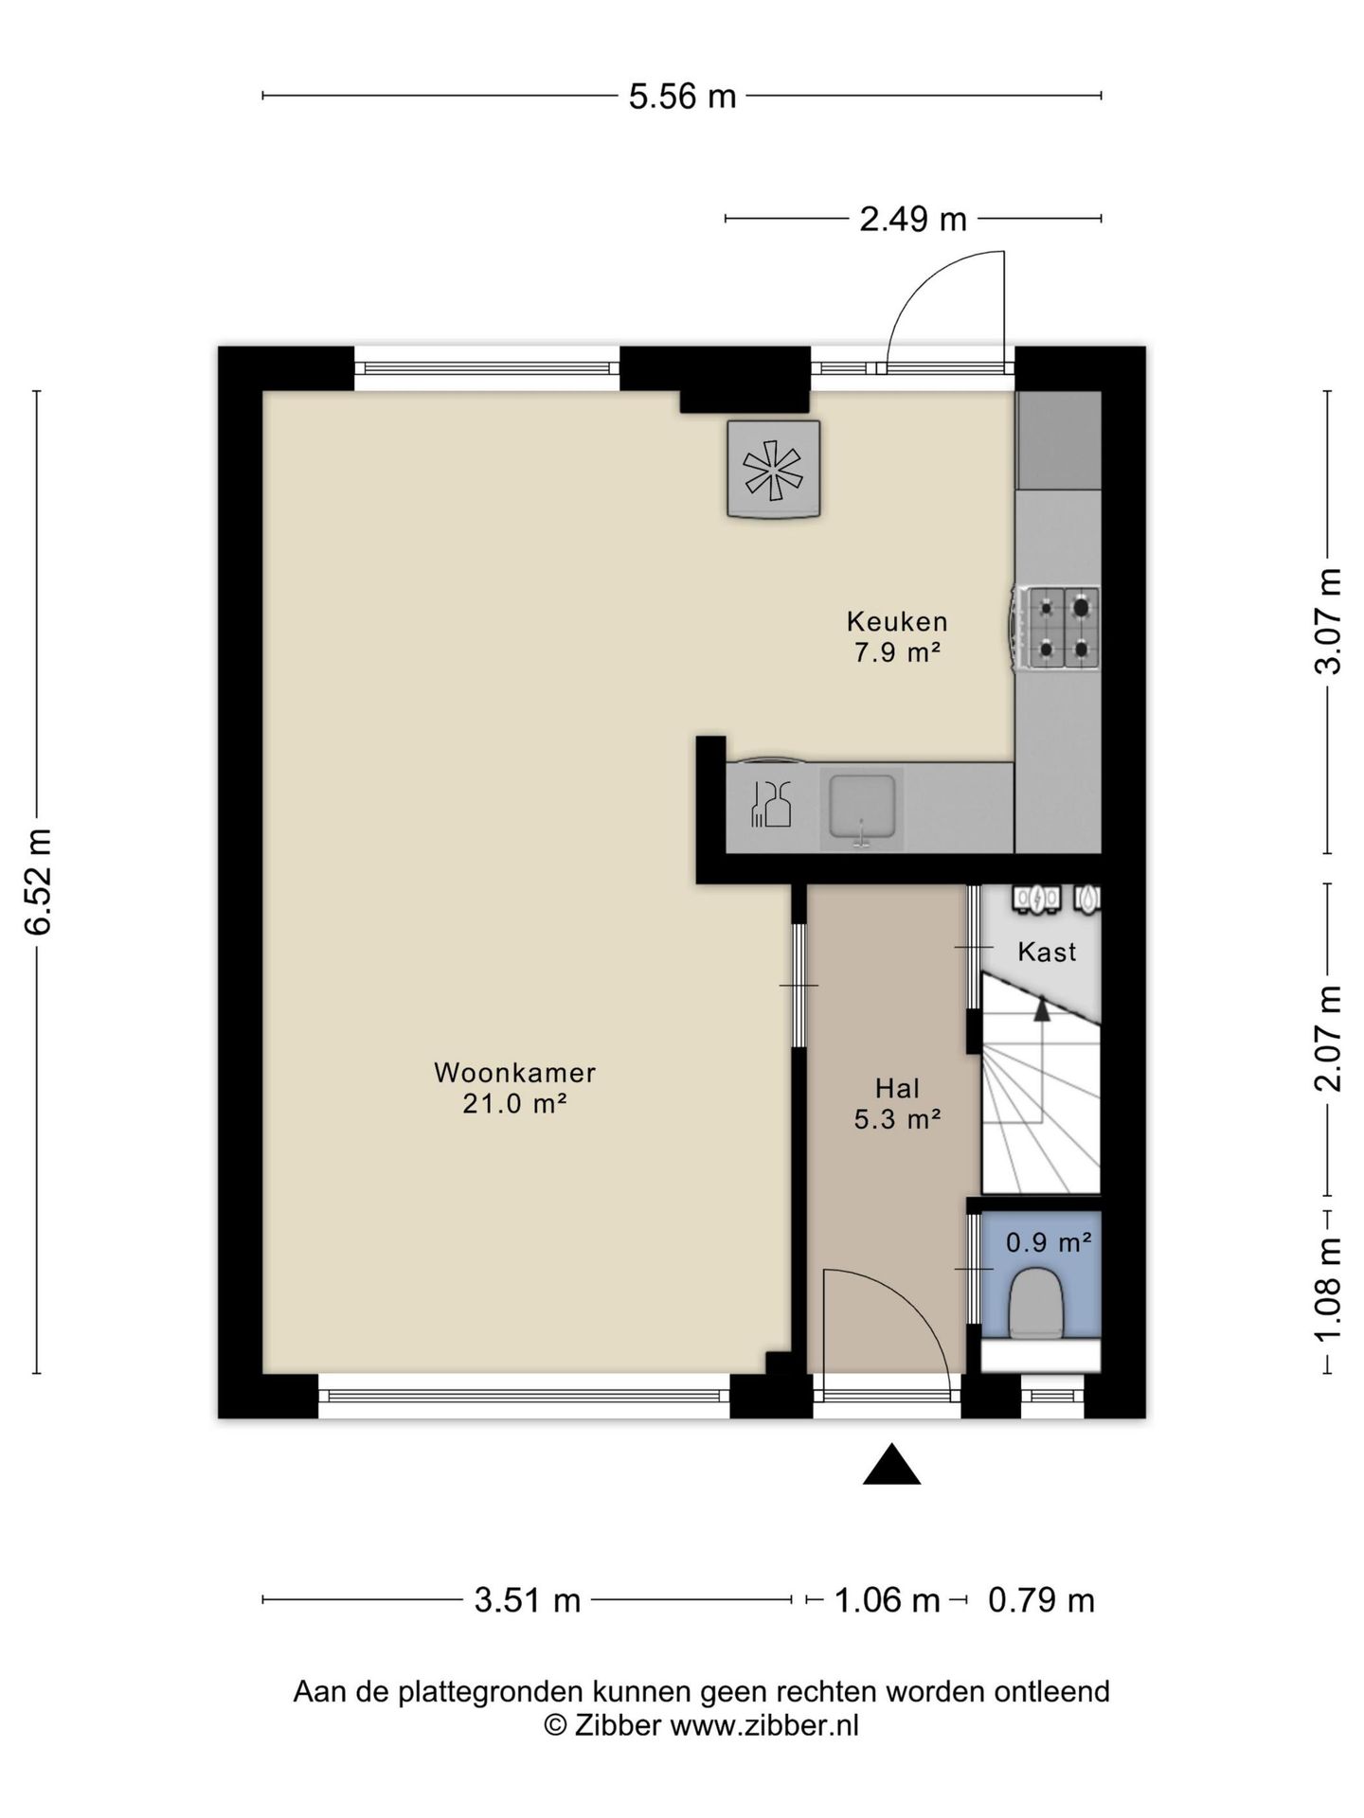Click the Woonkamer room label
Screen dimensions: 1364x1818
[x=514, y=1073]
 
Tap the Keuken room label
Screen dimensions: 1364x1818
[x=897, y=622]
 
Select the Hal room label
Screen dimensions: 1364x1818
[x=897, y=1088]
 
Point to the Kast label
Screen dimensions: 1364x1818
[x=1047, y=952]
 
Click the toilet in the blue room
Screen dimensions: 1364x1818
[x=1037, y=1304]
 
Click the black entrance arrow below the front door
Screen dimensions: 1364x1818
[x=891, y=1464]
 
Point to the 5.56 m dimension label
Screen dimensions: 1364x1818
[x=682, y=97]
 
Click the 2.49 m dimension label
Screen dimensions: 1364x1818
[x=913, y=220]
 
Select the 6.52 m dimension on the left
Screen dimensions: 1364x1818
[x=39, y=882]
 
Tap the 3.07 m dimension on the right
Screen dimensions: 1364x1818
[x=1328, y=621]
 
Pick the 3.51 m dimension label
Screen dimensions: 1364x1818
[x=528, y=1600]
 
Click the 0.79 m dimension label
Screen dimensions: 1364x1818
[x=1041, y=1600]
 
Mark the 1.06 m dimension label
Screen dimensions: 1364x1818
[x=887, y=1600]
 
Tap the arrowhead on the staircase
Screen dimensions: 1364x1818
[x=1042, y=1009]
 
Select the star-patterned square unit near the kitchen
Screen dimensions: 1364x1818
[x=773, y=469]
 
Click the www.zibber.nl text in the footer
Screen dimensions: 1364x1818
[x=764, y=1726]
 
